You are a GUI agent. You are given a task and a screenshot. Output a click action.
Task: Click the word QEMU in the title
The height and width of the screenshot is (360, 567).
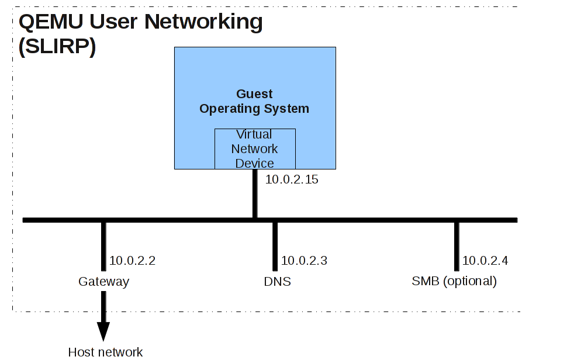point(51,22)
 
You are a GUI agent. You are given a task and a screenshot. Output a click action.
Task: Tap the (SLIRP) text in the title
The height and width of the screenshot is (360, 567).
point(57,46)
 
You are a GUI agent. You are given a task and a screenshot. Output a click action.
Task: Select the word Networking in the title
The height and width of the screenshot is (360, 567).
point(203,22)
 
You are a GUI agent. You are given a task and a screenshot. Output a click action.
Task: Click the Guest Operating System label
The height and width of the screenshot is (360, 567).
point(254,101)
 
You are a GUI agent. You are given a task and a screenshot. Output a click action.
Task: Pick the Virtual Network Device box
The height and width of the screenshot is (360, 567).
point(255,149)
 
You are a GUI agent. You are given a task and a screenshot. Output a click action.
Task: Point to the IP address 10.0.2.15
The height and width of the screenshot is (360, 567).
point(292,179)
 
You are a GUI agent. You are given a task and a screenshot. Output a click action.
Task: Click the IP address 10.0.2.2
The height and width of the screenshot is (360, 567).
point(132,261)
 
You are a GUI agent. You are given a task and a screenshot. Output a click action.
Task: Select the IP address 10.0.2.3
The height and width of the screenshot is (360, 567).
point(304,261)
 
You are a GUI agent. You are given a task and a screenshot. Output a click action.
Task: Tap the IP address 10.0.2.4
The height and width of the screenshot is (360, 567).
point(485,261)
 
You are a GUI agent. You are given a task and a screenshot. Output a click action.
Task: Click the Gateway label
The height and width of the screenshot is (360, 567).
point(104,282)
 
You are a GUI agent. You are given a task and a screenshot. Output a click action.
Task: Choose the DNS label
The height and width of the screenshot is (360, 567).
point(277,282)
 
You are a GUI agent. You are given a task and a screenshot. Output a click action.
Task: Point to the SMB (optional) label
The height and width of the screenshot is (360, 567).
point(454,281)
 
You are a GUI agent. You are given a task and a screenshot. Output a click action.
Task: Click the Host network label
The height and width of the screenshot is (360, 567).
point(105,352)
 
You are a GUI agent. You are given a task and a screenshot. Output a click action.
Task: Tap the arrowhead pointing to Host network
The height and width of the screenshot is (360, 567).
point(103,331)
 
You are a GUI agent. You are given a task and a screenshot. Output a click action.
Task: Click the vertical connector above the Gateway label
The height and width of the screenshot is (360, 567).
point(104,247)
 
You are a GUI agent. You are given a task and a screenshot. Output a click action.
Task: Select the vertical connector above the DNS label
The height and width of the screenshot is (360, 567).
point(275,247)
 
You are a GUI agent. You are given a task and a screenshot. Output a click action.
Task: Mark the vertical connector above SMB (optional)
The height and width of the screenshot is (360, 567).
point(457,247)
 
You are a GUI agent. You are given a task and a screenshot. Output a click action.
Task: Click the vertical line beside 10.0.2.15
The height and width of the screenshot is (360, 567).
point(255,194)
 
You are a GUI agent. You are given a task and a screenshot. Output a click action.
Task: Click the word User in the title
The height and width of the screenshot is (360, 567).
point(113,22)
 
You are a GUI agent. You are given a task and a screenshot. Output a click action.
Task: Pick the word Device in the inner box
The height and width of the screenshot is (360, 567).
point(255,164)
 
